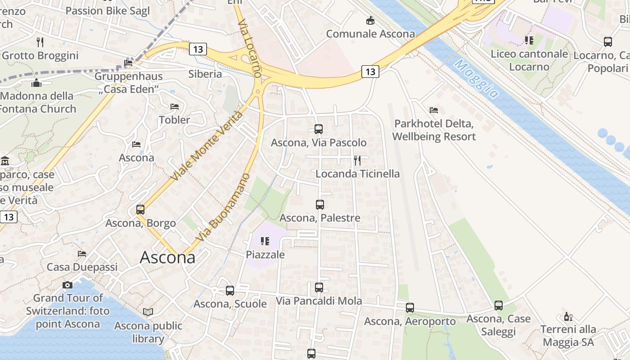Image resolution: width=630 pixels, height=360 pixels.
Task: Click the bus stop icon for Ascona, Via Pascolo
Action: tap(319, 129)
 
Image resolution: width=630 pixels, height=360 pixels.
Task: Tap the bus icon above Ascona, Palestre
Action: tap(320, 205)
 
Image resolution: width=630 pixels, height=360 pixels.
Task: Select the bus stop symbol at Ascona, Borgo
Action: tap(140, 210)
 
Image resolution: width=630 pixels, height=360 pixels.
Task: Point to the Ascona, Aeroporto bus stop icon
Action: tap(409, 308)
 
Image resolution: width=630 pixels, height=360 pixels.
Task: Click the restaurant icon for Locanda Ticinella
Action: tap(357, 160)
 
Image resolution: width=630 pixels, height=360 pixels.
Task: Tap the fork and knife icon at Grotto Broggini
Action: tap(40, 42)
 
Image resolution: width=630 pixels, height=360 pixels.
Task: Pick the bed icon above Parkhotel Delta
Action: tap(434, 110)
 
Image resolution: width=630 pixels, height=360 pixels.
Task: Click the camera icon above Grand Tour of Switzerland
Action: tap(67, 285)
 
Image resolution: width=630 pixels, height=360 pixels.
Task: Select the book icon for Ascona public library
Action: tap(148, 312)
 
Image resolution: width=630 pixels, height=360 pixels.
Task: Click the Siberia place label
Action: tap(205, 74)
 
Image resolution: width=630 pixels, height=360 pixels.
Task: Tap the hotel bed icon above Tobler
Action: tap(175, 107)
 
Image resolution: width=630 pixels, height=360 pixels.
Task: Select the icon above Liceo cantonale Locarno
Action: tap(529, 40)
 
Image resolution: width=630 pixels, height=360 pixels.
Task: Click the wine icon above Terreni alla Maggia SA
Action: tap(568, 316)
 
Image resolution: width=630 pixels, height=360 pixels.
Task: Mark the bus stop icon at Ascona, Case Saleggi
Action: tap(499, 306)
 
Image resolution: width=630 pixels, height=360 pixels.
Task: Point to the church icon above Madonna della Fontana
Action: tap(36, 83)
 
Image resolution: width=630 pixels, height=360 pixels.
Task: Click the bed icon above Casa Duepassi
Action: tap(82, 254)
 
